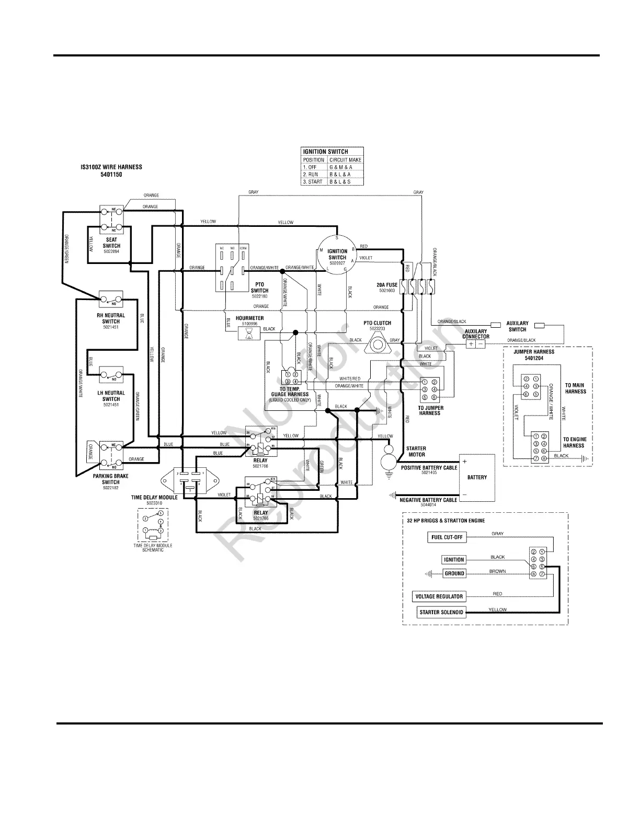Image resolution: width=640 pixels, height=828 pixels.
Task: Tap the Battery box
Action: pos(476,477)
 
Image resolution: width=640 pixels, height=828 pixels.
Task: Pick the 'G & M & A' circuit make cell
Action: pos(345,167)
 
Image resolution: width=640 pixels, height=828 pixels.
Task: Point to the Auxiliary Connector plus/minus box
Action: pos(475,344)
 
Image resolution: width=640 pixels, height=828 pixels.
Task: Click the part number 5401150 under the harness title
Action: pos(111,175)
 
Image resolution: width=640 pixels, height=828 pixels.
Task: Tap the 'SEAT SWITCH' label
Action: pos(111,243)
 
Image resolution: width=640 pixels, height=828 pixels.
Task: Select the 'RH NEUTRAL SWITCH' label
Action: pos(111,318)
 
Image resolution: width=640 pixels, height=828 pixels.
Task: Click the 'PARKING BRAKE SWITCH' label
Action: pos(111,479)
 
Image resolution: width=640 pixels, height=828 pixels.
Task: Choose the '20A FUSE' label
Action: pos(387,285)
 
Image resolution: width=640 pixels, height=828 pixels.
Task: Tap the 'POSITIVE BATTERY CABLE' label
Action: pos(429,468)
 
